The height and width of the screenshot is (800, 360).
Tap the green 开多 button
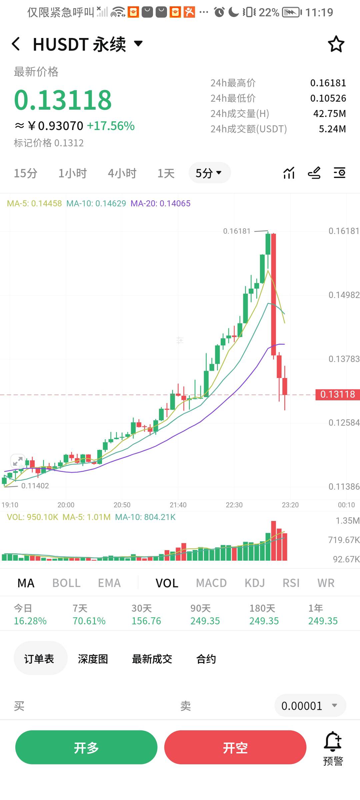(86, 748)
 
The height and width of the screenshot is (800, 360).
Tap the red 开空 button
(235, 748)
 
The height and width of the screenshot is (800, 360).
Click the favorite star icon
(336, 44)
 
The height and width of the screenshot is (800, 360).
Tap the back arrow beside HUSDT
(16, 44)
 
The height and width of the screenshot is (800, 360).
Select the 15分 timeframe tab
(25, 173)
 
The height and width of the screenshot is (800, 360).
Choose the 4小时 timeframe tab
(122, 173)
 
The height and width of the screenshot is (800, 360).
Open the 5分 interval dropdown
(209, 173)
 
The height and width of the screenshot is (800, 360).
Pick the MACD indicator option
(211, 583)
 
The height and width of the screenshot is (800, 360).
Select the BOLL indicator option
(66, 583)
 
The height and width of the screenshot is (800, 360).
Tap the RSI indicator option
(291, 583)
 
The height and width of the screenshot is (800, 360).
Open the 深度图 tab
(93, 659)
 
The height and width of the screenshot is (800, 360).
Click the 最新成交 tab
(152, 659)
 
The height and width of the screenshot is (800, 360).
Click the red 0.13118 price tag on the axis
(337, 394)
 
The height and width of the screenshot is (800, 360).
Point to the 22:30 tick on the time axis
(234, 505)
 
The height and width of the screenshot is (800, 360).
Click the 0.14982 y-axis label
(344, 295)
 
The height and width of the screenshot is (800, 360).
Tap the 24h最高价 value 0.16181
(328, 83)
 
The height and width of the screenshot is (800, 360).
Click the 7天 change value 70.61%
(89, 621)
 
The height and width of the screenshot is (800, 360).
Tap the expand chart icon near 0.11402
(18, 461)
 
